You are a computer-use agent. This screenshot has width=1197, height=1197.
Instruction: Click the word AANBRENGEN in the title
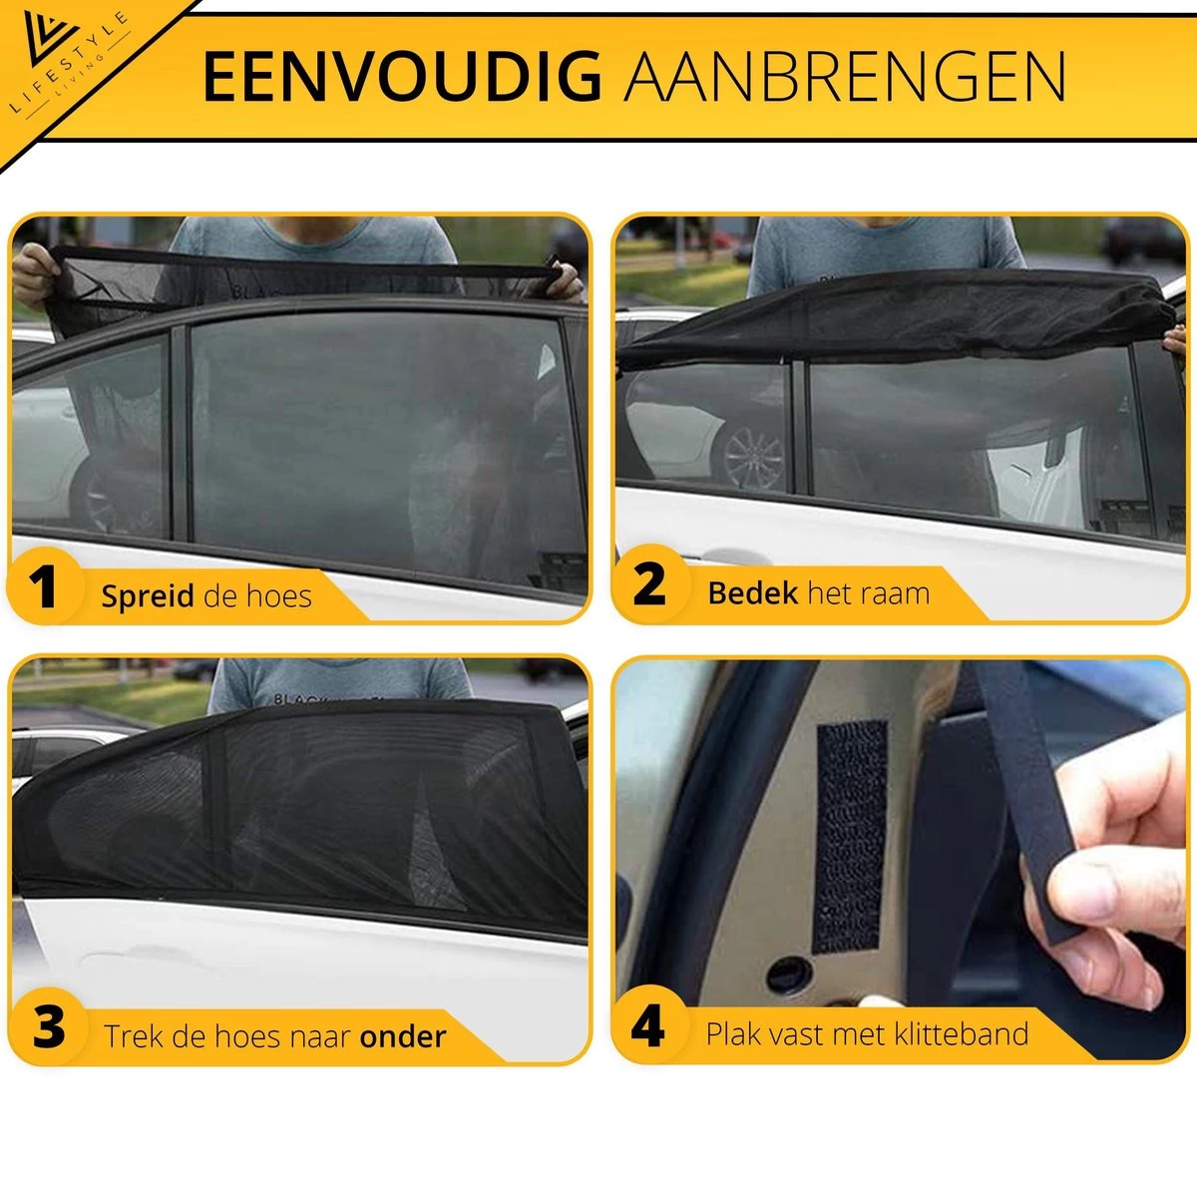coord(845,77)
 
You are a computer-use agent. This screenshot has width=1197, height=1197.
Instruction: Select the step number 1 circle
coord(43,588)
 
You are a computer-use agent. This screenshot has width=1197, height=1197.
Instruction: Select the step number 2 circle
coord(649,586)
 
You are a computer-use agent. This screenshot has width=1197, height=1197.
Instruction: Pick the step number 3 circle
coord(48,1027)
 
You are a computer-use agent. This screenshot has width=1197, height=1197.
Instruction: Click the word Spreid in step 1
coord(148,597)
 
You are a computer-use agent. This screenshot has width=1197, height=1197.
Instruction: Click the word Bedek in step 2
coord(752,594)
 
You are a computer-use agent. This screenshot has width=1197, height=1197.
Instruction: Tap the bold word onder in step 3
coord(403,1036)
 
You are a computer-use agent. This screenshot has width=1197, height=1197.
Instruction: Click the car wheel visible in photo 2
coord(753,455)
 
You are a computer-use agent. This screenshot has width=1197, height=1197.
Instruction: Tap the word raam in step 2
coord(896,594)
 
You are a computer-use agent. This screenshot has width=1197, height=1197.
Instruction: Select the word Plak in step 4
coord(733,1033)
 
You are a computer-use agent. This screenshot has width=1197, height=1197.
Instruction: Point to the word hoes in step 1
coord(278,597)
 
